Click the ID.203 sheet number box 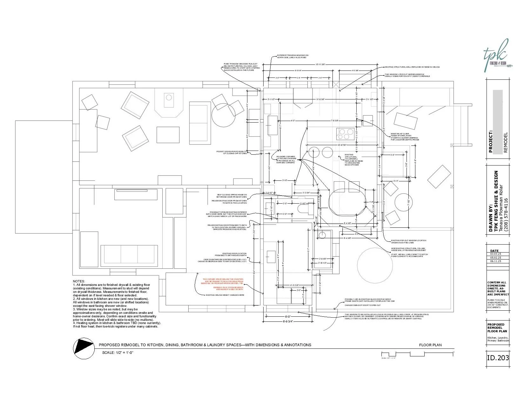(498, 358)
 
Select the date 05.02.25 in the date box (495, 258)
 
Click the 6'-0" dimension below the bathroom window (288, 316)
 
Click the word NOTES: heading (79, 281)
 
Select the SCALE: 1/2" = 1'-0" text (117, 353)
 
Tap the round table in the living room (223, 117)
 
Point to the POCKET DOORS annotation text (232, 152)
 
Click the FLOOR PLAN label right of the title (430, 345)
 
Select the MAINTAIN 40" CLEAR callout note (405, 137)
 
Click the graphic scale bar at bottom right (417, 354)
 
